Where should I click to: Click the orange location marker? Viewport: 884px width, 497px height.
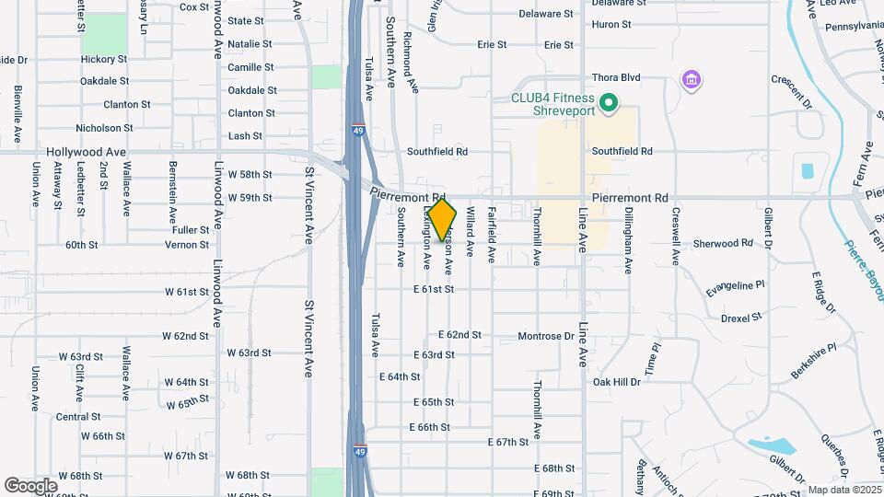click(443, 220)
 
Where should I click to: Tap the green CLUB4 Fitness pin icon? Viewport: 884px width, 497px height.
click(608, 103)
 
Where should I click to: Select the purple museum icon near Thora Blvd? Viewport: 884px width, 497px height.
click(691, 81)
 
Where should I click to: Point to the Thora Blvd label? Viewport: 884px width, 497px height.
click(617, 78)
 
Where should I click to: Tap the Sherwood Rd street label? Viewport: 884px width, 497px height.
click(723, 244)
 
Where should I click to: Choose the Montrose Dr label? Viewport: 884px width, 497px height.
click(546, 337)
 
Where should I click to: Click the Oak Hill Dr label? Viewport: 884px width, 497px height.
click(616, 382)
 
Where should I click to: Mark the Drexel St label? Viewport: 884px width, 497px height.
click(742, 318)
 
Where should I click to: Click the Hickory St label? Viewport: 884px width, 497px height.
click(103, 59)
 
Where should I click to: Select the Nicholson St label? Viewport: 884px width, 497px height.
click(104, 128)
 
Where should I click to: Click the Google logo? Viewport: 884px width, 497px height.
click(30, 485)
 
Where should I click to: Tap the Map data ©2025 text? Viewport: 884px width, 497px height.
click(842, 490)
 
